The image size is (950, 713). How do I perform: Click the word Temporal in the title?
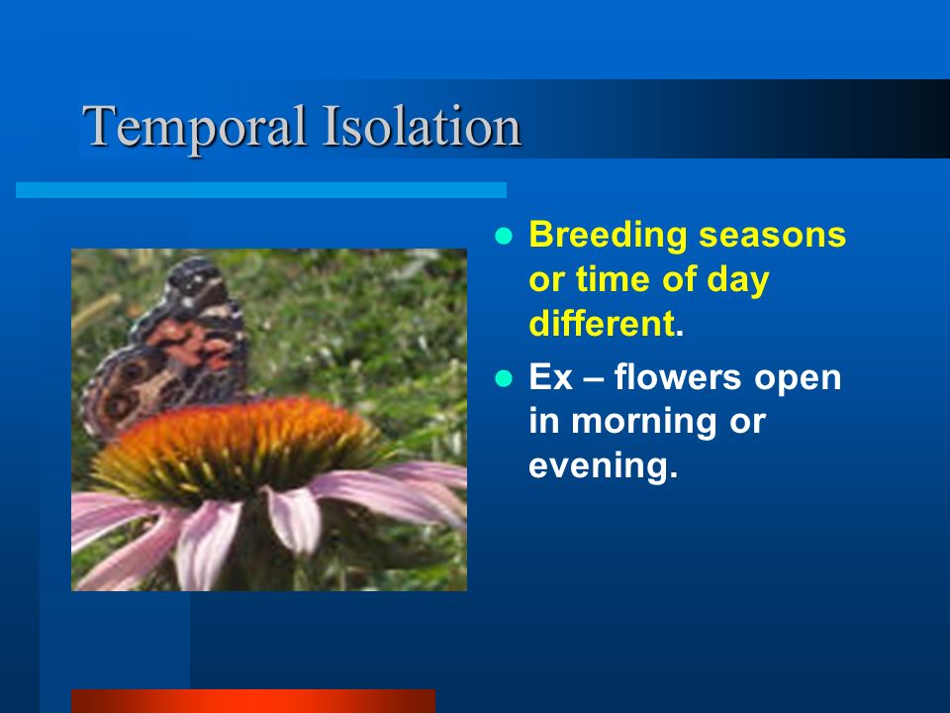pos(195,128)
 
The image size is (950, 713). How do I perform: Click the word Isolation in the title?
pos(422,126)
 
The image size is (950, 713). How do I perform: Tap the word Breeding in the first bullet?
pos(608,237)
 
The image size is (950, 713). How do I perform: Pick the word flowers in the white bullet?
pos(677,376)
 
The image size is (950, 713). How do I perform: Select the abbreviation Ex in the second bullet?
pos(551,377)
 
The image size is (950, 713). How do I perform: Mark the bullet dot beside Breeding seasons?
pos(504,236)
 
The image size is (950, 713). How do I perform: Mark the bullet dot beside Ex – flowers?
pos(504,378)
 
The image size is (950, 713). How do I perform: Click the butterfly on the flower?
pos(166,349)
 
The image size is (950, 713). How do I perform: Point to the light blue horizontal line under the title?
pos(261,190)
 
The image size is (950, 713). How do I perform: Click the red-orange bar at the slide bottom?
pos(253,701)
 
